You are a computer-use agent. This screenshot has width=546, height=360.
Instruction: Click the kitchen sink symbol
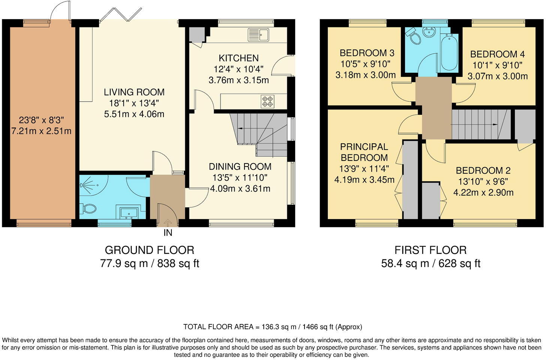click(x=258, y=35)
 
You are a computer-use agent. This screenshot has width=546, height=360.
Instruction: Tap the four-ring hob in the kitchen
click(x=267, y=101)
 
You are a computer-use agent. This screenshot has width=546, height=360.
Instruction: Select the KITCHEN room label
click(x=238, y=58)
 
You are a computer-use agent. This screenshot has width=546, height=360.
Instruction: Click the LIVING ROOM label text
click(x=134, y=92)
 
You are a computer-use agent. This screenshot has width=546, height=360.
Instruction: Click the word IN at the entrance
click(x=168, y=233)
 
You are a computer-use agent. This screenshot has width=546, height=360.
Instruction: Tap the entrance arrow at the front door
click(x=168, y=222)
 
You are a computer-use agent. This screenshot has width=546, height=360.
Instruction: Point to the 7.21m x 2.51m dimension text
click(x=41, y=131)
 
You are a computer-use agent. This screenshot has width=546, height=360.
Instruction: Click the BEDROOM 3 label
click(x=367, y=53)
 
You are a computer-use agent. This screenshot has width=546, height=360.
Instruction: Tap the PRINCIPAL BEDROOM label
click(x=364, y=152)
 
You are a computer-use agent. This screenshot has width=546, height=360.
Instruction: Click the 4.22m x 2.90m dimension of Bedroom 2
click(x=483, y=193)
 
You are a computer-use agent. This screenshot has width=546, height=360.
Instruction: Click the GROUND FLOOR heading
click(x=149, y=250)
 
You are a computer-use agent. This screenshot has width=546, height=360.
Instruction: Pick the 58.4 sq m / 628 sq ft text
click(x=430, y=264)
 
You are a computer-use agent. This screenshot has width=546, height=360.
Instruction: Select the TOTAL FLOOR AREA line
click(x=273, y=327)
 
